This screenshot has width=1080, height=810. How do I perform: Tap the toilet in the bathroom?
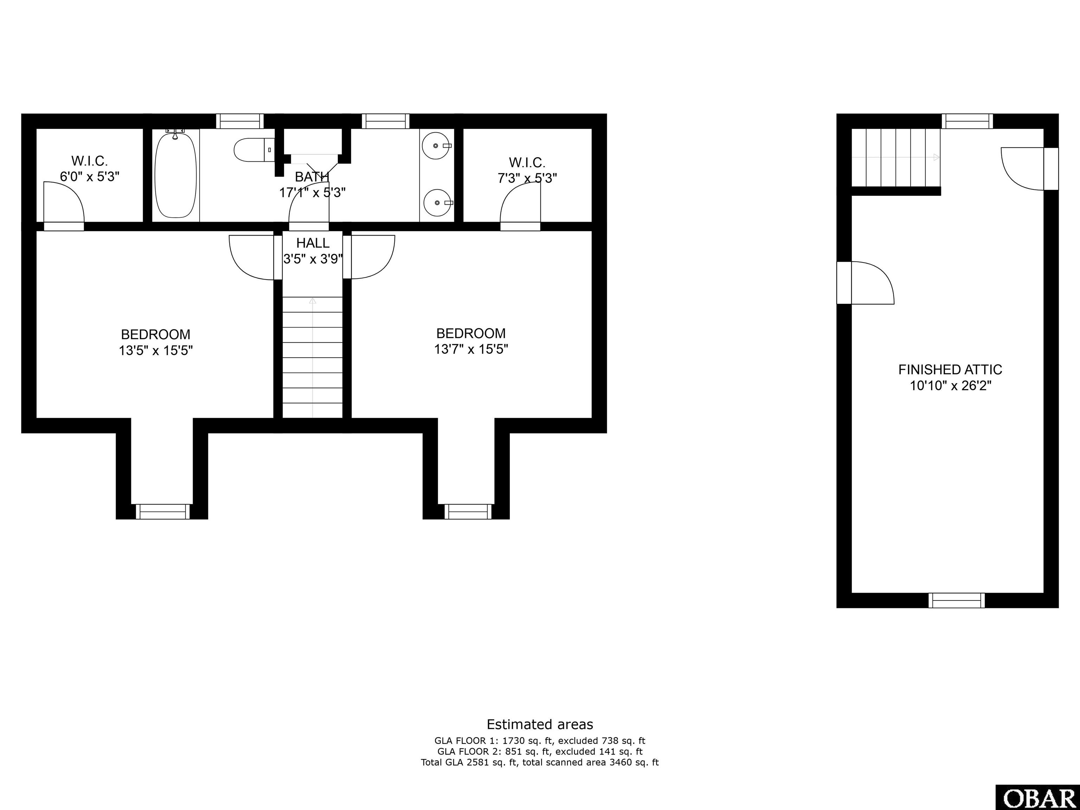click(x=254, y=150)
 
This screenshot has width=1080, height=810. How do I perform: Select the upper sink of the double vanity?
click(x=436, y=146)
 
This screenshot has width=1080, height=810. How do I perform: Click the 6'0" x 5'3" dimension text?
click(x=90, y=176)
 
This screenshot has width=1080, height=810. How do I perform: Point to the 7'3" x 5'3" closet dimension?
click(x=527, y=178)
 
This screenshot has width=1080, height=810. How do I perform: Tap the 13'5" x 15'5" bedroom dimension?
click(x=156, y=351)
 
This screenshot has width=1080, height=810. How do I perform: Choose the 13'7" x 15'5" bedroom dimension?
click(x=471, y=349)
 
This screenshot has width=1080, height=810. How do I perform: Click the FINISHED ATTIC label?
click(x=950, y=369)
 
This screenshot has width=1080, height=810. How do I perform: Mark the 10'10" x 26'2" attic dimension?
click(x=950, y=386)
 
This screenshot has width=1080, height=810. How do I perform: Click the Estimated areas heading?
click(x=540, y=724)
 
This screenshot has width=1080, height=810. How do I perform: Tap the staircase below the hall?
click(x=313, y=358)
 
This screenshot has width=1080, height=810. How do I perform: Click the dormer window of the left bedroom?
click(x=162, y=511)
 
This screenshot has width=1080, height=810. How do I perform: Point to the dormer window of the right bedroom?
click(x=468, y=511)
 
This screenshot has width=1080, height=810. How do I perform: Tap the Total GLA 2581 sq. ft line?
click(x=540, y=762)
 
